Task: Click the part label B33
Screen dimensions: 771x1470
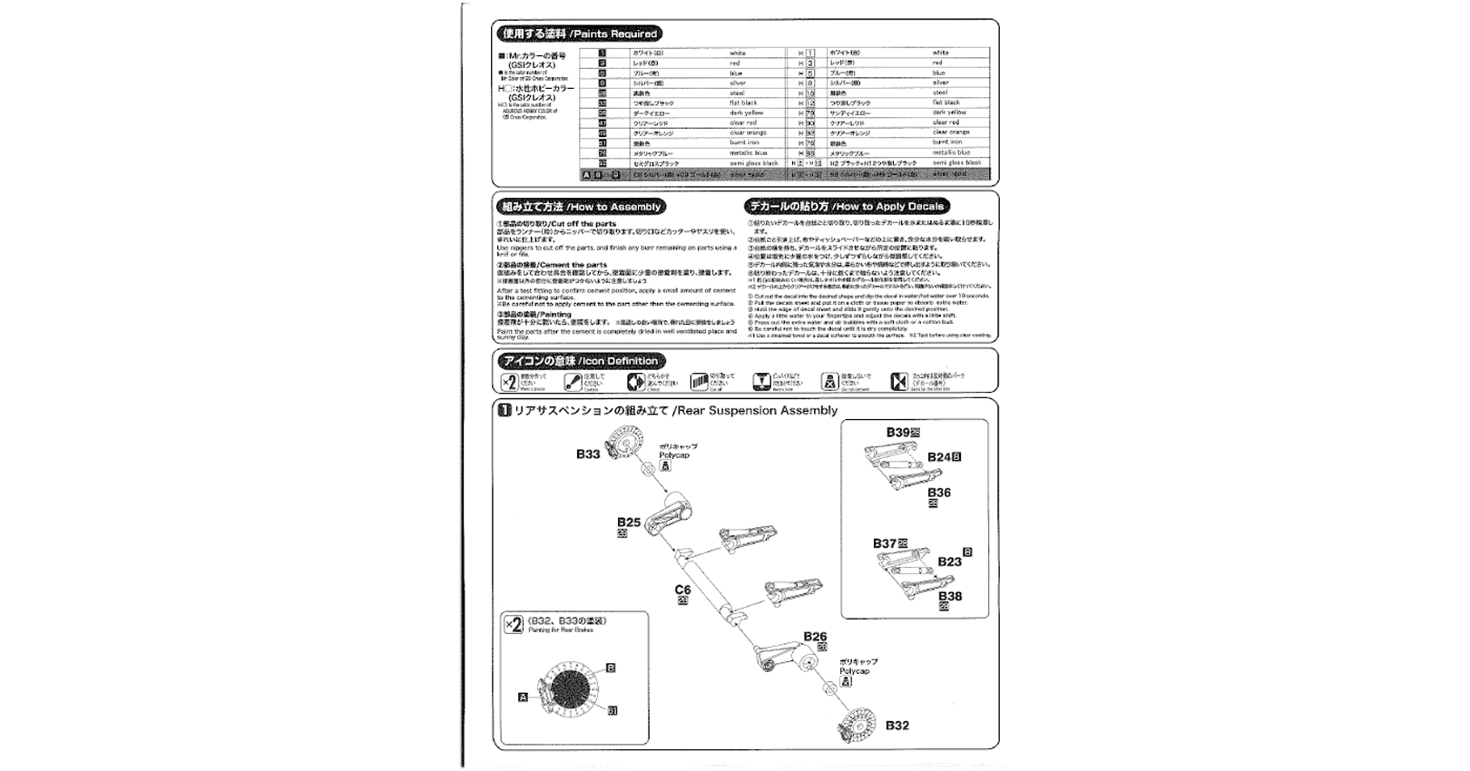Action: (588, 454)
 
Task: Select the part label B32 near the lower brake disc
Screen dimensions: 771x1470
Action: (897, 726)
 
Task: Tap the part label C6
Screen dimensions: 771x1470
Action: (682, 590)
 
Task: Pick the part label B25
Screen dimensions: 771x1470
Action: (629, 522)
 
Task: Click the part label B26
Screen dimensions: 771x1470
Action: (815, 637)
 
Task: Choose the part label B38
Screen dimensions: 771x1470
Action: (950, 596)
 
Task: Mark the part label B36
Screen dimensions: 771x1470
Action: (939, 493)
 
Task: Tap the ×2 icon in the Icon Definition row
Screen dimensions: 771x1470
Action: (509, 382)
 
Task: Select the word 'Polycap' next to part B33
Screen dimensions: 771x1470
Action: (674, 455)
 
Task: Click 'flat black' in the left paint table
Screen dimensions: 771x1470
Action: (743, 103)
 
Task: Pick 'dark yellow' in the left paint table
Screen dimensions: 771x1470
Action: (746, 113)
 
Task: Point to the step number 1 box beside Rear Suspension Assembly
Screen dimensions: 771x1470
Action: (504, 411)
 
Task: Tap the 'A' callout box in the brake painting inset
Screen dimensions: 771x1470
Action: (523, 697)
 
